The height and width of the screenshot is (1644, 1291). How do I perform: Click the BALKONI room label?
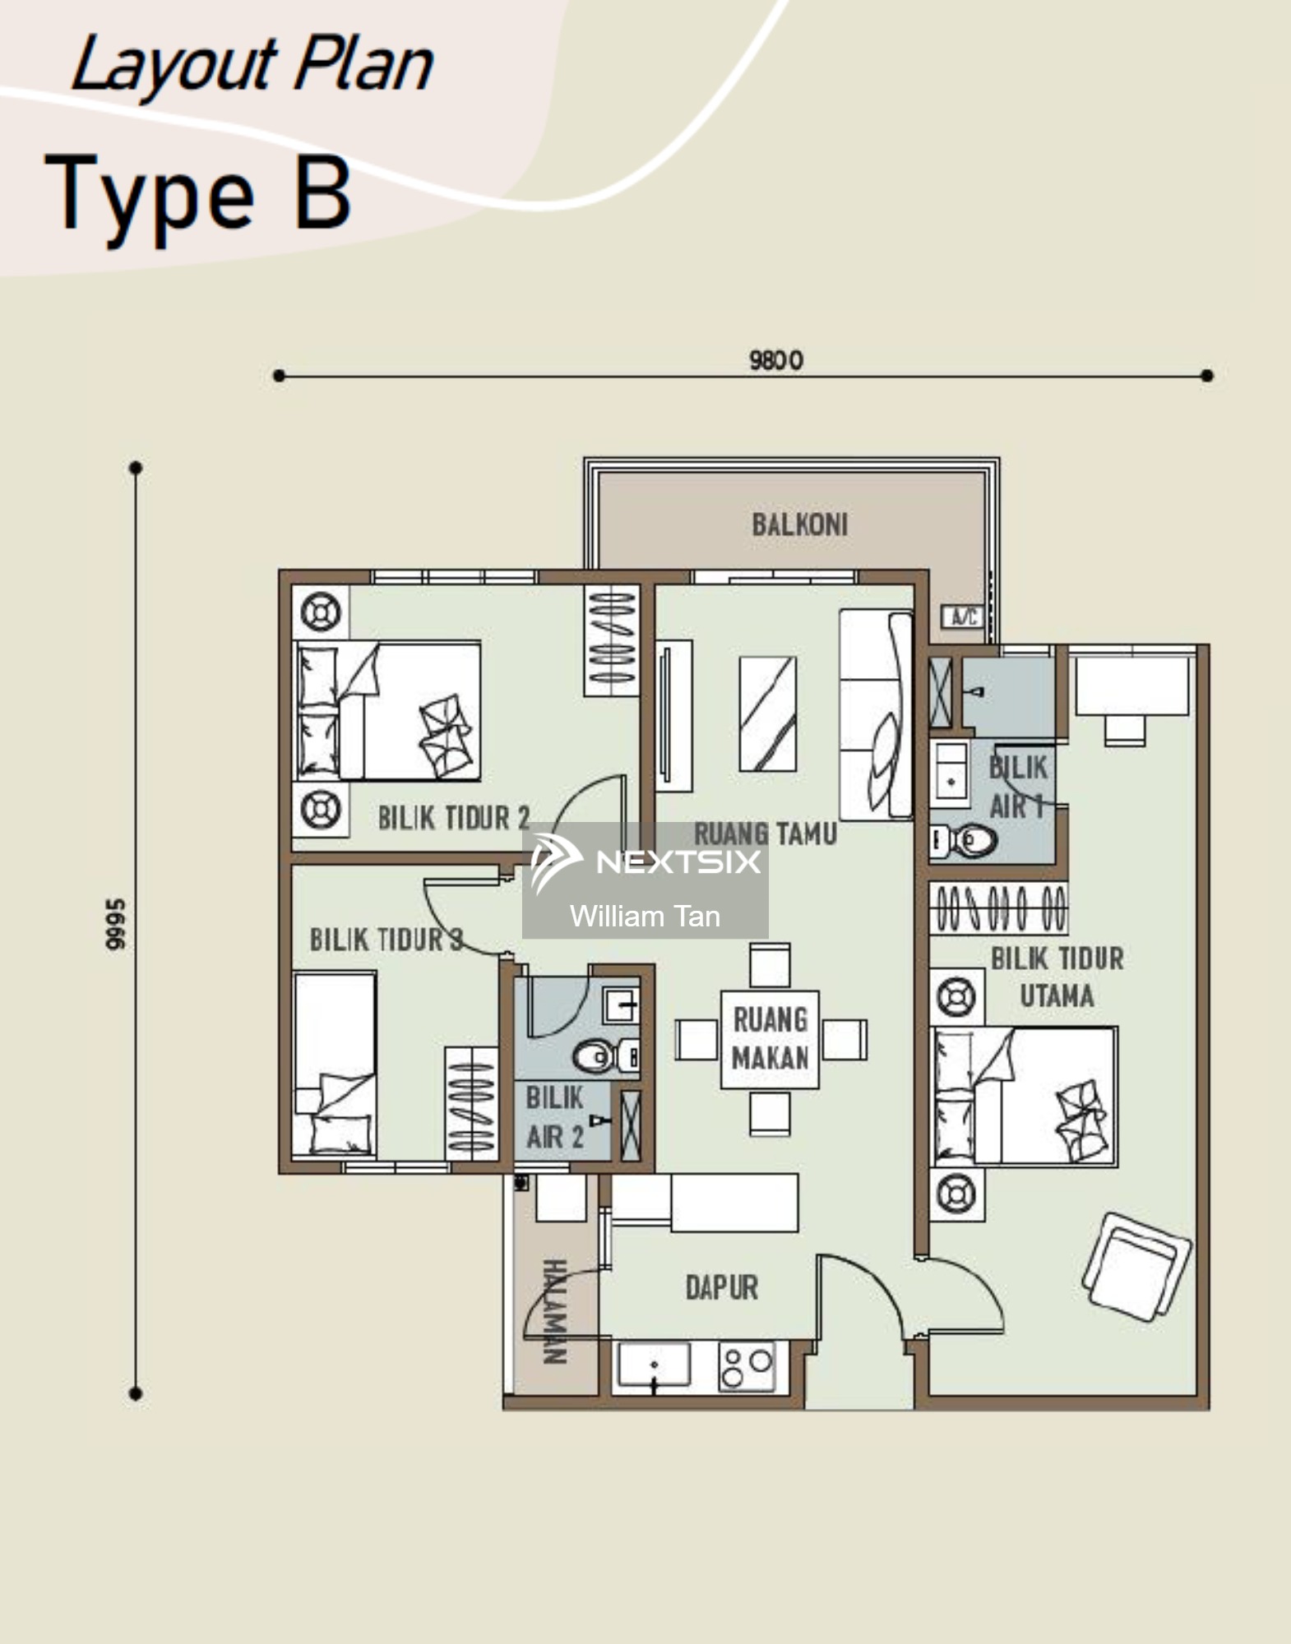pyautogui.click(x=799, y=524)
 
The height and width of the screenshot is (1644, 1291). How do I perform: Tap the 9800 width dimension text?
pyautogui.click(x=776, y=360)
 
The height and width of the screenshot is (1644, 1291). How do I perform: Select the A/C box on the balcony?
pyautogui.click(x=963, y=616)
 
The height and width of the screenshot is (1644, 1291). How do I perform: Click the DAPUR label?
pyautogui.click(x=722, y=1287)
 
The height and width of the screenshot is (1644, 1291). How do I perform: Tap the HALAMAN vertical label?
pyautogui.click(x=554, y=1311)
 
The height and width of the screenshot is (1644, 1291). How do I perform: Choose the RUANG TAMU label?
pyautogui.click(x=766, y=834)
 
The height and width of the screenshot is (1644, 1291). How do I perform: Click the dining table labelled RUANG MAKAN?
pyautogui.click(x=770, y=1039)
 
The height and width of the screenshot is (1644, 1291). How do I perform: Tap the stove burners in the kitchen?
pyautogui.click(x=747, y=1366)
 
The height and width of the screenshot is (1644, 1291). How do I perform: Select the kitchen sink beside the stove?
pyautogui.click(x=655, y=1366)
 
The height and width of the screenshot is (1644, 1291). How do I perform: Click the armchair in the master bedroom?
pyautogui.click(x=1136, y=1267)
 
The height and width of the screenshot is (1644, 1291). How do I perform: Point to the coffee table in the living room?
pyautogui.click(x=767, y=713)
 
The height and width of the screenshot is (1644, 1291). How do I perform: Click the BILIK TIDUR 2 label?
pyautogui.click(x=454, y=817)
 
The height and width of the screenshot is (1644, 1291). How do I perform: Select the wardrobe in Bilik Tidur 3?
pyautogui.click(x=471, y=1103)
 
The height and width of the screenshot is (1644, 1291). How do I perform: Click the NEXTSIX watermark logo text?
pyautogui.click(x=678, y=861)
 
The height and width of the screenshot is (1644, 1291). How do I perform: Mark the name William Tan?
pyautogui.click(x=645, y=916)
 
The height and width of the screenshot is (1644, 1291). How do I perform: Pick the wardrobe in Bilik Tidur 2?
pyautogui.click(x=612, y=640)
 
